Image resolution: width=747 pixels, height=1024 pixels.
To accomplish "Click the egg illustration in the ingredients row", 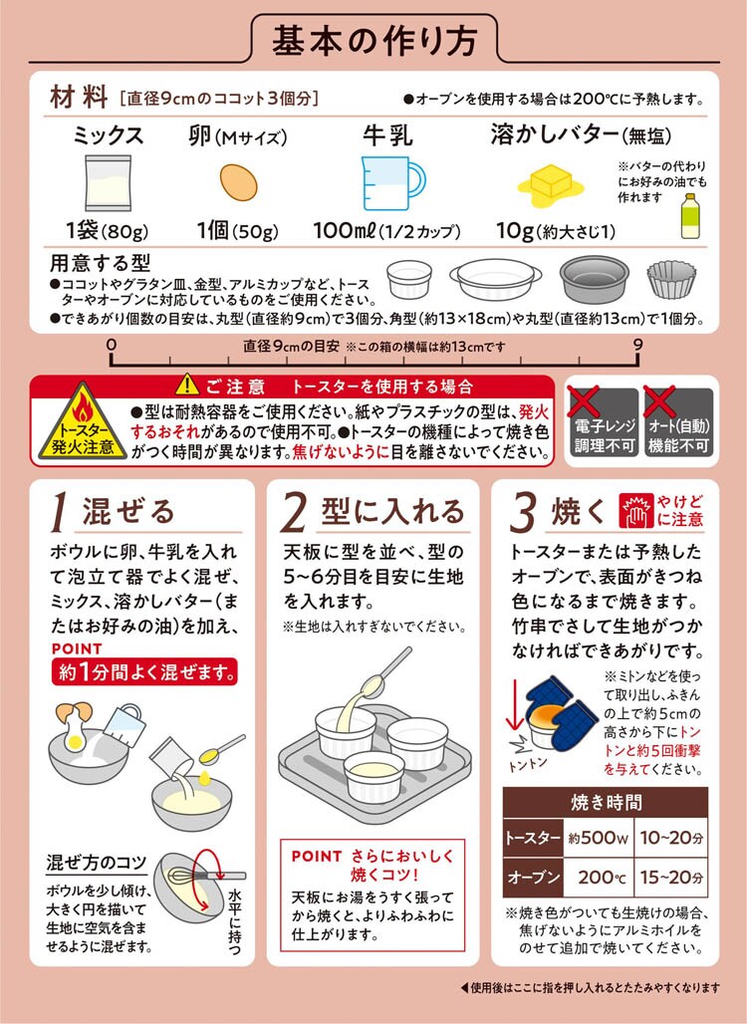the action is (238, 182).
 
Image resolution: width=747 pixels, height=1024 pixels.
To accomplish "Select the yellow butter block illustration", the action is (551, 183).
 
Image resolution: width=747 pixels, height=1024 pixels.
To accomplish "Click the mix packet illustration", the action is (108, 183).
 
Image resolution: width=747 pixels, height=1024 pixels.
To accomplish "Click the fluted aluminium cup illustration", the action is (671, 280).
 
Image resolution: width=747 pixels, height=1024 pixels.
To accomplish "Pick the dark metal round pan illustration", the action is (595, 279).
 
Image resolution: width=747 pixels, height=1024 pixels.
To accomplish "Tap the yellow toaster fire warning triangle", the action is (83, 422).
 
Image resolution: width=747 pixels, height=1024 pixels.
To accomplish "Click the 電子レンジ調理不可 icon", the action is (604, 422).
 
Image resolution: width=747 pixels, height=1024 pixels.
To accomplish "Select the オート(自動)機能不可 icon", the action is (678, 422).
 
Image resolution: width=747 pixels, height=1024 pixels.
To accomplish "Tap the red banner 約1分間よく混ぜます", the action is (144, 671).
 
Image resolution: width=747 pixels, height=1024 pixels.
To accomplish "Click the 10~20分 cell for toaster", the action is (671, 838).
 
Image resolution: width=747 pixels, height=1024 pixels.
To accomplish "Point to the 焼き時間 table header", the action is (606, 803).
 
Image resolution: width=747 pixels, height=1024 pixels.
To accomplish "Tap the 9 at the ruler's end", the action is (637, 345).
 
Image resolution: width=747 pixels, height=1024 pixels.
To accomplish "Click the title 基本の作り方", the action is (374, 39).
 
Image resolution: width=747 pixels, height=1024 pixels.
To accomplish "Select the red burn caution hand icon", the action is (635, 511).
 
